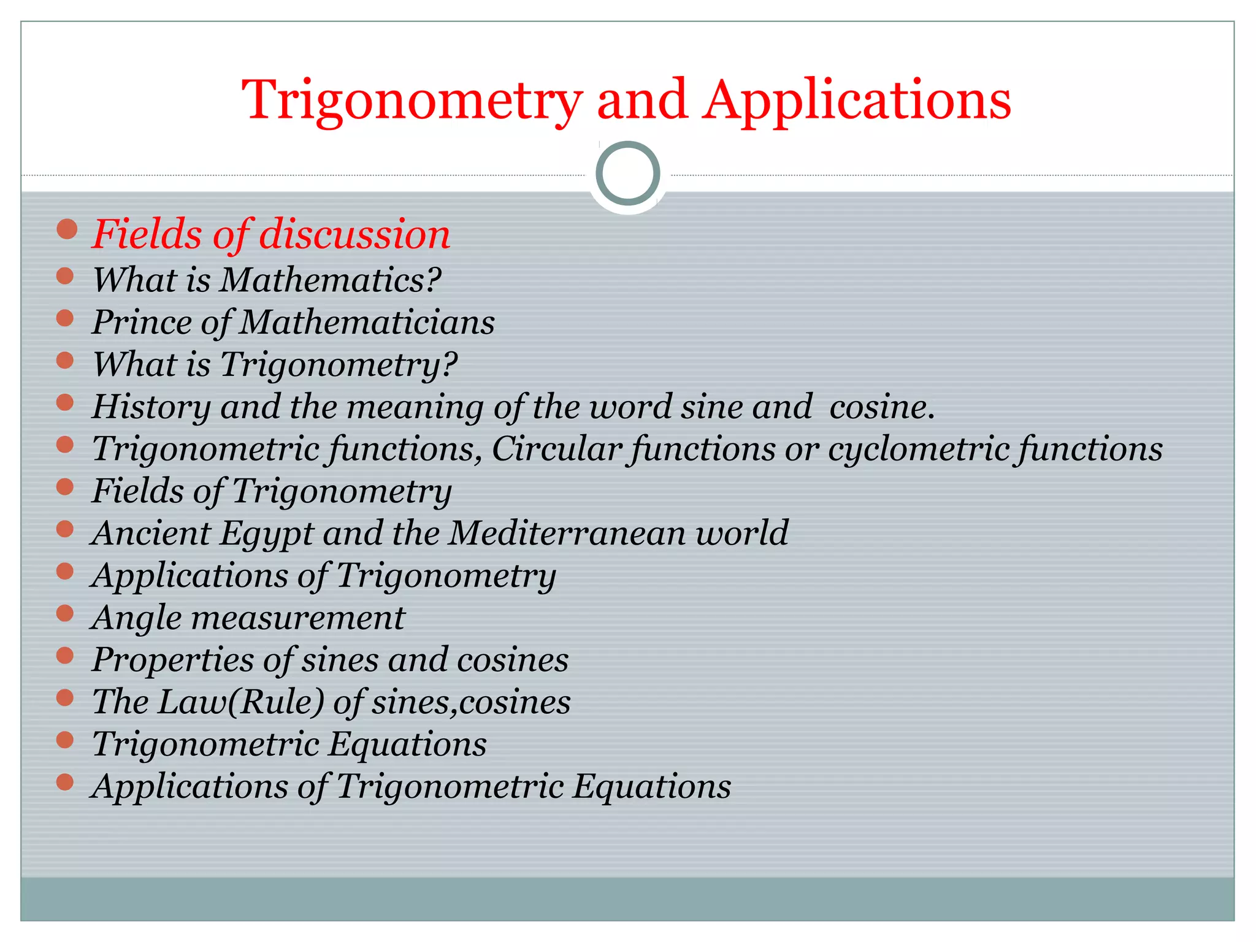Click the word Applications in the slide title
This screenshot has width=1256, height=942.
(857, 100)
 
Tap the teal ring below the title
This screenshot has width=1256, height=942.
(627, 173)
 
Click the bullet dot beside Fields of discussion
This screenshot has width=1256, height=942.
(66, 229)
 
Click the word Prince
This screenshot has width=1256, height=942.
(142, 322)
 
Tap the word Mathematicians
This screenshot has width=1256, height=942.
(367, 322)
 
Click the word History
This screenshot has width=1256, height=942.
(151, 407)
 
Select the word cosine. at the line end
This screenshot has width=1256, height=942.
(882, 407)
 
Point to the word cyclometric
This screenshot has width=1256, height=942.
(917, 449)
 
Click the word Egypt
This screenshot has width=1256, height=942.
(267, 534)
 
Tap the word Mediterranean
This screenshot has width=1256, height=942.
(568, 533)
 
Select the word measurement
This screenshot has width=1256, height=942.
(298, 618)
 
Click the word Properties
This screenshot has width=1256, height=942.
(172, 661)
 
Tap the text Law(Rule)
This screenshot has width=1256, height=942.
(240, 702)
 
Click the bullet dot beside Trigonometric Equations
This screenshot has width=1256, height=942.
(65, 740)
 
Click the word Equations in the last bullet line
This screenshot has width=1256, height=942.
(651, 787)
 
